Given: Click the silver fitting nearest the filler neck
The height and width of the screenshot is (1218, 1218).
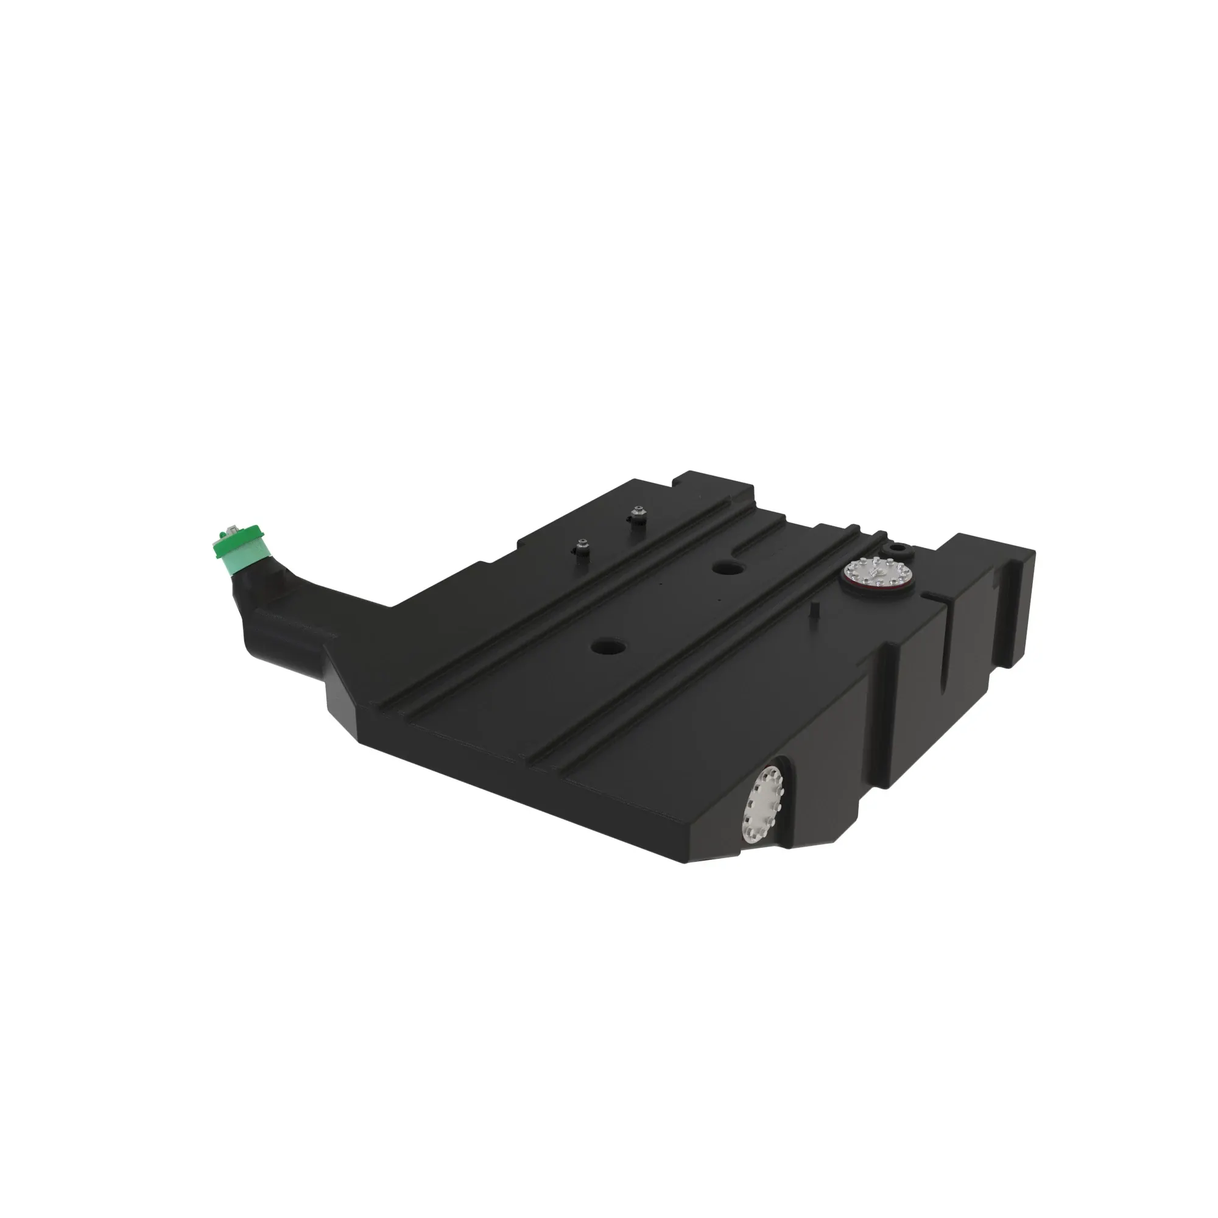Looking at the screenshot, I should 581,548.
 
